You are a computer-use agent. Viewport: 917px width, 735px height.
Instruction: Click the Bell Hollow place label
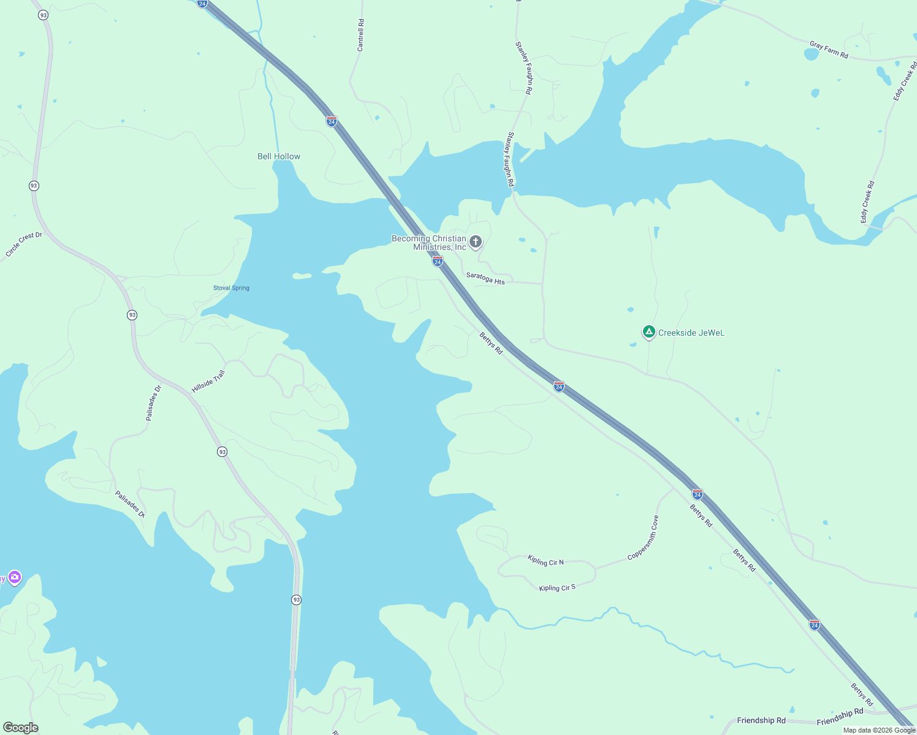pos(279,156)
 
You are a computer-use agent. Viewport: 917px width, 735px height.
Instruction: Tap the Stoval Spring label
pos(231,288)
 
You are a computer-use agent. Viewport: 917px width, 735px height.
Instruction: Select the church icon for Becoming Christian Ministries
pos(476,242)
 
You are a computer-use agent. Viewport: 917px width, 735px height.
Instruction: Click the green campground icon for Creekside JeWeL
pos(649,332)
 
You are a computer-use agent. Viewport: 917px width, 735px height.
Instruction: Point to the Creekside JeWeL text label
pos(691,333)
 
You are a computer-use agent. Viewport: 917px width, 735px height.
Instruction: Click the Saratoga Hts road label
pos(485,278)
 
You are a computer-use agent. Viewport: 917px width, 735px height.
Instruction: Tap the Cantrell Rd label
pos(360,35)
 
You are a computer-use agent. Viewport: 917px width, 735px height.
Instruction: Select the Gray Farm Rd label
pos(829,50)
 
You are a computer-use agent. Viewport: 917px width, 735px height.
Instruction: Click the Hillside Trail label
pos(208,381)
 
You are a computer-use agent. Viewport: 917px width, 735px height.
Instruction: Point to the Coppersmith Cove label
pos(644,537)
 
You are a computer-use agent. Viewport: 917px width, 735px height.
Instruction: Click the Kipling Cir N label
pos(546,560)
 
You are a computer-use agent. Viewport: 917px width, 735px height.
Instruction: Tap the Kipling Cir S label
pos(557,587)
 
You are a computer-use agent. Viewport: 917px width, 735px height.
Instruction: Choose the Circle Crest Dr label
pos(24,244)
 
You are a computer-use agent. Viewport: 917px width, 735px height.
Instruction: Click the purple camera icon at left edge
pos(14,577)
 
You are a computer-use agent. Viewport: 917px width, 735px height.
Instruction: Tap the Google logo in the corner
pos(21,728)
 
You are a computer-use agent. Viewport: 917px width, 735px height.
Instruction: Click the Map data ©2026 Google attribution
pos(879,730)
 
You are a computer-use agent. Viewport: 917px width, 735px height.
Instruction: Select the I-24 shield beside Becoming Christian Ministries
pos(438,262)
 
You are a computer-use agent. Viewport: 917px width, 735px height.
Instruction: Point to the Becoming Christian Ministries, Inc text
pos(429,243)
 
